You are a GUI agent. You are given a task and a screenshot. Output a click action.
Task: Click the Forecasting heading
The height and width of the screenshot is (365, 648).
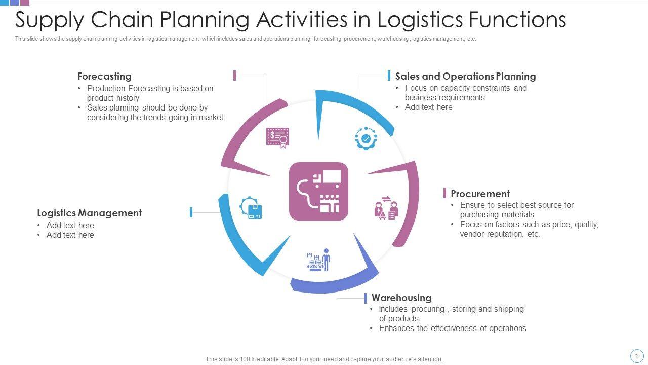pyautogui.click(x=104, y=77)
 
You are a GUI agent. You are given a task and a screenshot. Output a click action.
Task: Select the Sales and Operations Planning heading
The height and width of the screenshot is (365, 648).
pyautogui.click(x=465, y=77)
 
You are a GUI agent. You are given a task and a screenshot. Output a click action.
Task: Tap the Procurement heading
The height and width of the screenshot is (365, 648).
pyautogui.click(x=480, y=194)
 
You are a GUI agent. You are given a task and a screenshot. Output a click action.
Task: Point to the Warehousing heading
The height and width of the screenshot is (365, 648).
pyautogui.click(x=401, y=298)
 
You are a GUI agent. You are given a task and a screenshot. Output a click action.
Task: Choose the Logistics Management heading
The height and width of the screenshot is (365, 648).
pyautogui.click(x=90, y=213)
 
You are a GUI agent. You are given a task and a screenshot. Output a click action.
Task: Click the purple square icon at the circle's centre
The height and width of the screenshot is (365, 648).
pyautogui.click(x=318, y=192)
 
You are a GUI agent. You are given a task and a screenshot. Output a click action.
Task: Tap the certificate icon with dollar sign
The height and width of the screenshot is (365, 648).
pyautogui.click(x=277, y=137)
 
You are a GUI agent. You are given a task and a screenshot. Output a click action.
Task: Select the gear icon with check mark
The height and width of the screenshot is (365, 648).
pyautogui.click(x=366, y=138)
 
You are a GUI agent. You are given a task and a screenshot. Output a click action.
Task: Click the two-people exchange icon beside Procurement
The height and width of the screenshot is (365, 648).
pyautogui.click(x=386, y=208)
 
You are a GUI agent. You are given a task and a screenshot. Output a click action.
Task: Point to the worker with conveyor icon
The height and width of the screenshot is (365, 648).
pyautogui.click(x=319, y=260)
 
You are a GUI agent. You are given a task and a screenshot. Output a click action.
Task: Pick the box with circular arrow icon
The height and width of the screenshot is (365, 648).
pyautogui.click(x=251, y=208)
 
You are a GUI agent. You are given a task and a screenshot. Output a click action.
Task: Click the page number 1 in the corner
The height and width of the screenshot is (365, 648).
pyautogui.click(x=636, y=356)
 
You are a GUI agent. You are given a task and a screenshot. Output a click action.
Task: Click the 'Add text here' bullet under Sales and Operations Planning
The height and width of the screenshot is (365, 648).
pyautogui.click(x=428, y=107)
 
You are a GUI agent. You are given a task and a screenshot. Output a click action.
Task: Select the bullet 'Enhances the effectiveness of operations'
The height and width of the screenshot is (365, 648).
pyautogui.click(x=453, y=328)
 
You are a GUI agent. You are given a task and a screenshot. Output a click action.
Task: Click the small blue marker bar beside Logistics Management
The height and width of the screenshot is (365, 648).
pyautogui.click(x=191, y=212)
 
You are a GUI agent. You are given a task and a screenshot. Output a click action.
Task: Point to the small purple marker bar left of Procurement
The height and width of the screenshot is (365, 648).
pyautogui.click(x=444, y=193)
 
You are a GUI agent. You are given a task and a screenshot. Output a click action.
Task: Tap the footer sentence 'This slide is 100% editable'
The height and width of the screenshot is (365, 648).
pyautogui.click(x=324, y=359)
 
